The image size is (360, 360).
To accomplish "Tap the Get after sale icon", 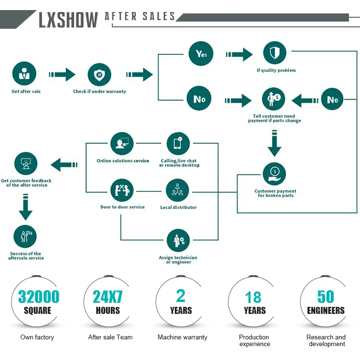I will coord(24,74).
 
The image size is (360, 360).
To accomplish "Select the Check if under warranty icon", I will coord(99,75).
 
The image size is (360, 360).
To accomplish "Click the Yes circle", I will coord(201,54).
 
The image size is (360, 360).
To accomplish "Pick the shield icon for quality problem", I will coord(275,53).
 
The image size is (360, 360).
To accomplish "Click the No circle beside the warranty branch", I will coord(199,99).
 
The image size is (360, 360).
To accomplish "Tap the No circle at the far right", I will coord(333,99).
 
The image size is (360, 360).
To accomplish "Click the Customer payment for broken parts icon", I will coord(275,174).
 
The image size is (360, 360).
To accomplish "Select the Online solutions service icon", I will coord(122,143).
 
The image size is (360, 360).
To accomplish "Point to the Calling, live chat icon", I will coord(178,143).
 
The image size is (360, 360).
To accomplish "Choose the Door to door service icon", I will coord(122,190).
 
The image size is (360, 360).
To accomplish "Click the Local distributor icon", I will coord(178,190).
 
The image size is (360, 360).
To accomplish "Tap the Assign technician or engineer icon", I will coord(178,241).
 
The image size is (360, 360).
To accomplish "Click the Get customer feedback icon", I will coord(26,164).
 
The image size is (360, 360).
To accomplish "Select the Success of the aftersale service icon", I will coord(25,236).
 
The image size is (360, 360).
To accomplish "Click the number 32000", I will coord(38,297).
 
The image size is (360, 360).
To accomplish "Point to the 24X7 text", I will coord(108,297).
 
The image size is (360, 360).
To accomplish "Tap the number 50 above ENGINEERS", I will coord(325,297).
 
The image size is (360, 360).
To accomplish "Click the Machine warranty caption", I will coord(182,337).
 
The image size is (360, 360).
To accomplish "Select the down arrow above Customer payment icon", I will coord(274,144).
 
